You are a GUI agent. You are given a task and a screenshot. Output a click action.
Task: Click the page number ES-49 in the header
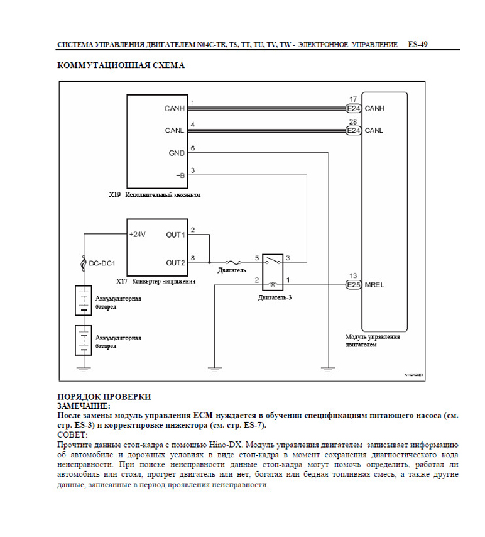tap(417, 45)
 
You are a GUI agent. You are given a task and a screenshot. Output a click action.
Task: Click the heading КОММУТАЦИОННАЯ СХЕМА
tap(121, 65)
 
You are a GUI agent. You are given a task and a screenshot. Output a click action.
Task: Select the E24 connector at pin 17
tap(354, 108)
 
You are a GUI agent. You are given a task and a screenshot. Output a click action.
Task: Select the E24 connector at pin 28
tap(354, 131)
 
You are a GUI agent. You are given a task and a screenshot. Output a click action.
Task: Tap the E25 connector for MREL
tap(354, 285)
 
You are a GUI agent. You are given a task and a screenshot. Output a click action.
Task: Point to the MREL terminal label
tap(374, 285)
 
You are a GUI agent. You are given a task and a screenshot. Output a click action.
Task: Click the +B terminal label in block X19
tap(180, 176)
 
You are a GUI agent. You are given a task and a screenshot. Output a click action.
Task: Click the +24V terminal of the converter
tap(138, 235)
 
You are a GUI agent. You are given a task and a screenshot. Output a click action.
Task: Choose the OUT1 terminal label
tap(175, 235)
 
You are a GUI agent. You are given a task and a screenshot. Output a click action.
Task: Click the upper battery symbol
tap(84, 301)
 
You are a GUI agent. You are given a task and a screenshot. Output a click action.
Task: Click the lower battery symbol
tap(84, 340)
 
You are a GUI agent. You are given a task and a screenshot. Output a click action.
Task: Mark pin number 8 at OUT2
tap(192, 258)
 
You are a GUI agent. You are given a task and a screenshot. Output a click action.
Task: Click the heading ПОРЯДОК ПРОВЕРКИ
tap(104, 397)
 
